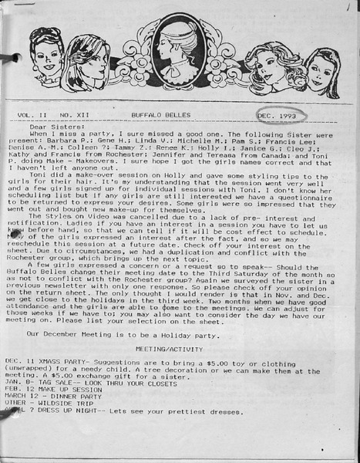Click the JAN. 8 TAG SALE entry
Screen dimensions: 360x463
(x=54, y=381)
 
